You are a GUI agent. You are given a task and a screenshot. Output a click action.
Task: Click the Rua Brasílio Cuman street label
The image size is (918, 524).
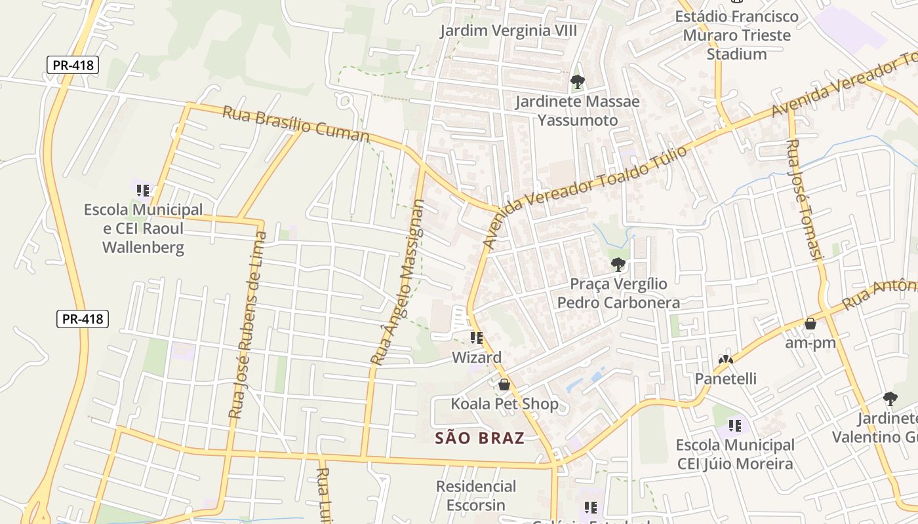pos(296,123)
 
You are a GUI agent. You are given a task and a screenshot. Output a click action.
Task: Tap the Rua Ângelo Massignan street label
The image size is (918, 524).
pos(398,282)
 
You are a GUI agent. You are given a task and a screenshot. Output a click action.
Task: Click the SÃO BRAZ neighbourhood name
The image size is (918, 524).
pos(480,438)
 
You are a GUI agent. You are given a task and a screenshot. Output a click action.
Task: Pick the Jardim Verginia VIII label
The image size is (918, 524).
pos(508,31)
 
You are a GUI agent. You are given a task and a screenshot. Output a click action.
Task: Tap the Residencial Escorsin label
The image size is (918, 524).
pos(476,495)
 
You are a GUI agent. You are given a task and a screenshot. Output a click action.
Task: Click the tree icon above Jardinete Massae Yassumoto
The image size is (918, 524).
pos(577,82)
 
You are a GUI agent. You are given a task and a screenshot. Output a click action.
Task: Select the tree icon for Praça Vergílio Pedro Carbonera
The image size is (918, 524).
pos(618,265)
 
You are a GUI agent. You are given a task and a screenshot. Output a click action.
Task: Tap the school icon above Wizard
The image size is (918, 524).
pos(477,338)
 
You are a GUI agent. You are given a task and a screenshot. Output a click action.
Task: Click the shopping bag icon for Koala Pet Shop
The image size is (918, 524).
pos(504,384)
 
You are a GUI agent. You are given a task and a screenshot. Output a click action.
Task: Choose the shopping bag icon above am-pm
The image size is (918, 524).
pos(810,324)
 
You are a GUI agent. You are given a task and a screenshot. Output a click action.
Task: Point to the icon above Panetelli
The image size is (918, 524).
pos(725,359)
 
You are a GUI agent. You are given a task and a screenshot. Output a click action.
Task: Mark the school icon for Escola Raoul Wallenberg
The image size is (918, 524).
pos(143,191)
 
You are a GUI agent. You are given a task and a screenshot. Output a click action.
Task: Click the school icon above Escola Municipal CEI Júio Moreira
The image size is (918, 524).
pos(734,426)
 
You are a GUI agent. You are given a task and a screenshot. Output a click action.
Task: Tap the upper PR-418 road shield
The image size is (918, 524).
pos(73,65)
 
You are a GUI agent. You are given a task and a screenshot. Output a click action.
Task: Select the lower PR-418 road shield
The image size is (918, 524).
pos(82,319)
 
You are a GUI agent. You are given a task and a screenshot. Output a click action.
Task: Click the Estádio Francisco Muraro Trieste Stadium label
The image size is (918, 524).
pos(737,35)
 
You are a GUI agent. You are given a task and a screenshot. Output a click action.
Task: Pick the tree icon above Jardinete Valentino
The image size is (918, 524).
pos(890,398)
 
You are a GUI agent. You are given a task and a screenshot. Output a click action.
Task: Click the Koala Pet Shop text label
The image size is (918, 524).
pos(504,403)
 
